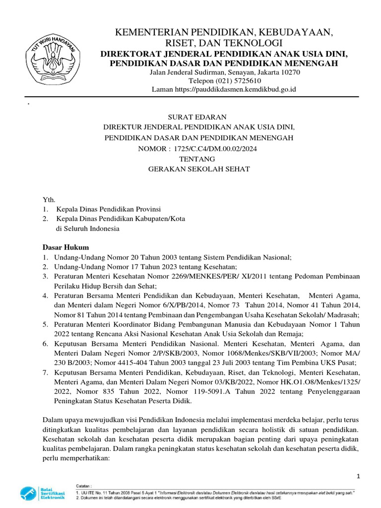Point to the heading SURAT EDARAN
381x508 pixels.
click(x=197, y=117)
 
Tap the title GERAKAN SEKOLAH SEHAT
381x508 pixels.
click(x=199, y=169)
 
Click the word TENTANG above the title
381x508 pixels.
click(x=197, y=159)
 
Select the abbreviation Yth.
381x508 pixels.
click(x=48, y=198)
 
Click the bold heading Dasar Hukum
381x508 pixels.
click(x=65, y=247)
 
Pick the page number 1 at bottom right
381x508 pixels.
click(x=358, y=476)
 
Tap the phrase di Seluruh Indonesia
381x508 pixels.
click(x=87, y=229)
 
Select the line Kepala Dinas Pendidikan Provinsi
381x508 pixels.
click(x=109, y=209)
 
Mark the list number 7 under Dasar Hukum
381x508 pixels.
click(x=45, y=373)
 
